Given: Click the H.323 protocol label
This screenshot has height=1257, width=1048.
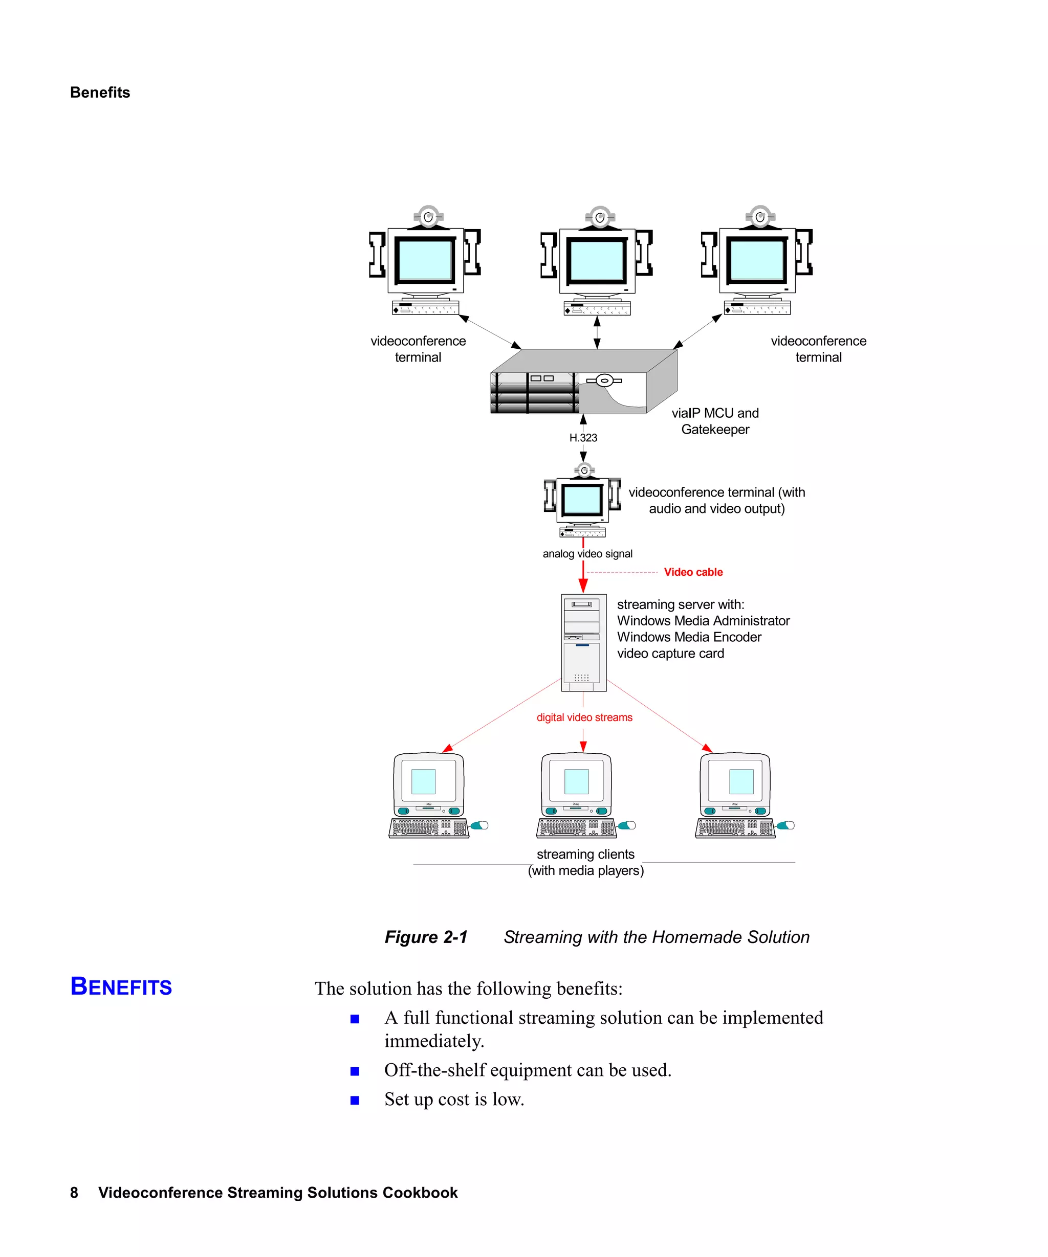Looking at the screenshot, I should coord(583,438).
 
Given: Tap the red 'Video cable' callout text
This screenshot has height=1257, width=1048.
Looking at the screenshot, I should coord(693,572).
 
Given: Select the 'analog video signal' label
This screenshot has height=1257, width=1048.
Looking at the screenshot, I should coord(587,554).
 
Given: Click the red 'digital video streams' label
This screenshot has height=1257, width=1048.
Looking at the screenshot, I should coord(584,717).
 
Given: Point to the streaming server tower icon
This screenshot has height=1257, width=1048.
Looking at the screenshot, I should coord(583,642).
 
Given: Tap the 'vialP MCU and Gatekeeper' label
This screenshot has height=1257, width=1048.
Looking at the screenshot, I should coord(715,421).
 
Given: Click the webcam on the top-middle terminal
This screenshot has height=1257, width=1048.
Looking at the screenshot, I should coord(599,217).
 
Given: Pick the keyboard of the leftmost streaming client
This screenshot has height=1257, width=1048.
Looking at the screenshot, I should coord(429,828).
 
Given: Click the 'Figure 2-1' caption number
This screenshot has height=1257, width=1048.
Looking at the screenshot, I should coord(426,937).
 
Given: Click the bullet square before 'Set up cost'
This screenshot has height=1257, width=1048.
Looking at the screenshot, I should coord(355,1100).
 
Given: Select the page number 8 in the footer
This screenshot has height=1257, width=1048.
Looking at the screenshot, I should coord(74,1193).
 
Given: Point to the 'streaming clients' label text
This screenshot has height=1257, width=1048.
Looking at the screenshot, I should coord(585,854).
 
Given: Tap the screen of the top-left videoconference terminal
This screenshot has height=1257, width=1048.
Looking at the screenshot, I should coord(425,259).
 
